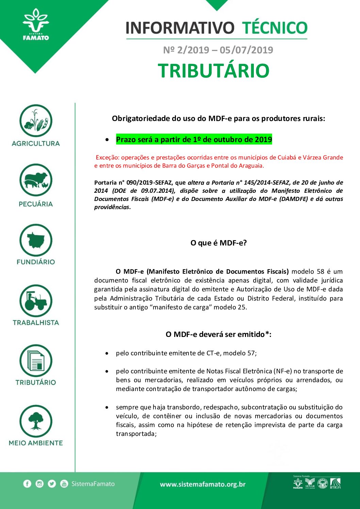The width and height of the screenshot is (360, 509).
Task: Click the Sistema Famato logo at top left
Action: click(x=35, y=25)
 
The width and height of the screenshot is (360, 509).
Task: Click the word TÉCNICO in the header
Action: click(x=275, y=28)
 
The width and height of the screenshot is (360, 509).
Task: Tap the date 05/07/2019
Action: click(x=246, y=50)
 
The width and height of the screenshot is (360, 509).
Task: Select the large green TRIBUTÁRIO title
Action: click(x=214, y=71)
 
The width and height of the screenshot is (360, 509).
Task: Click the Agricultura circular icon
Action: click(x=36, y=121)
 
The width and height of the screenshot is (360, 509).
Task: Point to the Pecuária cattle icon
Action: click(x=36, y=180)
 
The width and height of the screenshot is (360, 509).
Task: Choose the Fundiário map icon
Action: click(x=36, y=240)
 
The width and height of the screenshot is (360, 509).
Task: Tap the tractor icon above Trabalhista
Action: click(x=36, y=301)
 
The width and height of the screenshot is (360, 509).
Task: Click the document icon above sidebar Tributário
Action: click(x=36, y=361)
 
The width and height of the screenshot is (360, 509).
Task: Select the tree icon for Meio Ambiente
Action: click(x=36, y=421)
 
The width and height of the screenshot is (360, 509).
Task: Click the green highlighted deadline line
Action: click(x=194, y=139)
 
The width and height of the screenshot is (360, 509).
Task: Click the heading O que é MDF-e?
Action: click(x=218, y=243)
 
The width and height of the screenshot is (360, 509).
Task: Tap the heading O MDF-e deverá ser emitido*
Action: click(x=218, y=334)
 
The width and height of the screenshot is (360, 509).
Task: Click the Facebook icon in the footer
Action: click(x=27, y=483)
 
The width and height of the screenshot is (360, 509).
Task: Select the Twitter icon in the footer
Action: click(x=52, y=483)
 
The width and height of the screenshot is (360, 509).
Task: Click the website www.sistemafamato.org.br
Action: click(x=203, y=484)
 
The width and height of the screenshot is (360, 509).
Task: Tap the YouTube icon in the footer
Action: click(x=64, y=483)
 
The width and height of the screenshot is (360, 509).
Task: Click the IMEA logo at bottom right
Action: click(x=335, y=483)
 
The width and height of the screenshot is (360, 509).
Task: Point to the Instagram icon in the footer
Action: click(x=39, y=483)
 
